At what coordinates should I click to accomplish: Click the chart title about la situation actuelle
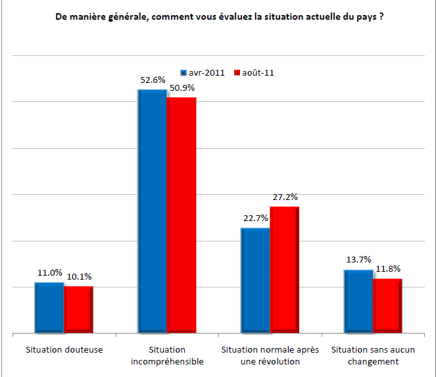click(220, 17)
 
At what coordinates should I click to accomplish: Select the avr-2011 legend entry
click(203, 72)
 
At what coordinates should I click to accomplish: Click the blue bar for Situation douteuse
click(49, 308)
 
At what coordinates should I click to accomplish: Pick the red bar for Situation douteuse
click(78, 310)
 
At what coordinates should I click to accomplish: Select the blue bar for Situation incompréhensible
click(152, 211)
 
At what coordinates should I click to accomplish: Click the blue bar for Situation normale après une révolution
click(255, 280)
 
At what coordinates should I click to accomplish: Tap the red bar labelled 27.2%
click(285, 270)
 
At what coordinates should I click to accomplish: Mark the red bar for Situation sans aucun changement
click(387, 306)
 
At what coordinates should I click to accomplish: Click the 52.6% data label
click(151, 80)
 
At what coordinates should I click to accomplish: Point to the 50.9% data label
click(181, 89)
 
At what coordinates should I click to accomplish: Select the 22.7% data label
click(254, 219)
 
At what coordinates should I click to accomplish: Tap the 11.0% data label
click(49, 273)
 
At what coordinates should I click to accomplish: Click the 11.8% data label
click(387, 268)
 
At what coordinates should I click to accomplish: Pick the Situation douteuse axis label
click(64, 349)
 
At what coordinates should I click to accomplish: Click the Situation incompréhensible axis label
click(167, 355)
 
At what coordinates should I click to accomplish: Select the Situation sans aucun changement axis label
click(374, 355)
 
